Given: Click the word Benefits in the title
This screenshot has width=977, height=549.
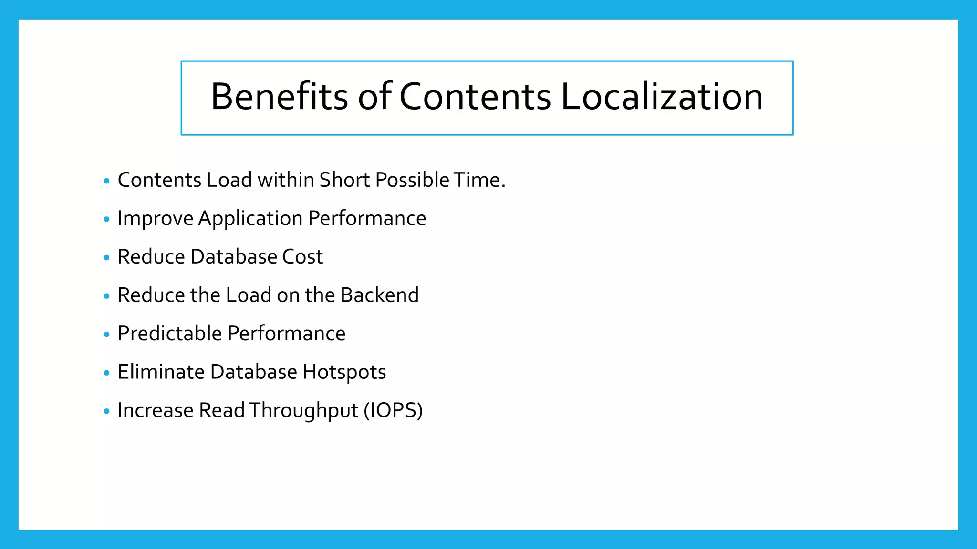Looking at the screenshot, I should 279,97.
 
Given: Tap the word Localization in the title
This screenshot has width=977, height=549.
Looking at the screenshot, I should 662,97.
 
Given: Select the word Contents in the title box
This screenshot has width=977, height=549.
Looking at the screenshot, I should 475,97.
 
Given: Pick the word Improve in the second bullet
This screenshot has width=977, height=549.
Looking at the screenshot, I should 155,219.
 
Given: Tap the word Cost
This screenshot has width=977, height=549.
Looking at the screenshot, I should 302,257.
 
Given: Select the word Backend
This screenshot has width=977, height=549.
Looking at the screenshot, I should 380,295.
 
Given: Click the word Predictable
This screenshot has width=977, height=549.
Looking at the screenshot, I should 169,334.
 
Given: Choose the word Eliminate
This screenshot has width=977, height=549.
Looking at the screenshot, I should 161,372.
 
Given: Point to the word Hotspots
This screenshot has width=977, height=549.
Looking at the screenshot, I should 344,372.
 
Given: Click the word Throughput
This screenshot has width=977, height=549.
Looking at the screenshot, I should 303,411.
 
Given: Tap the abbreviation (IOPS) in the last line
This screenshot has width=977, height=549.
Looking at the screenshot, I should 393,411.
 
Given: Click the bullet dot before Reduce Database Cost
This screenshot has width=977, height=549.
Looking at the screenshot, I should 106,258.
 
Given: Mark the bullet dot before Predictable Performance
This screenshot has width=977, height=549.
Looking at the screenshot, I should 106,335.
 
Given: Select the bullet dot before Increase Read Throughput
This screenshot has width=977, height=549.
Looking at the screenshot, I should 106,411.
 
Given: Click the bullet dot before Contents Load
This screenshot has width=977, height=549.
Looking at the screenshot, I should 106,181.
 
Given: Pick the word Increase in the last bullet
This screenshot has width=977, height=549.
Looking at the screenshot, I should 156,411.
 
